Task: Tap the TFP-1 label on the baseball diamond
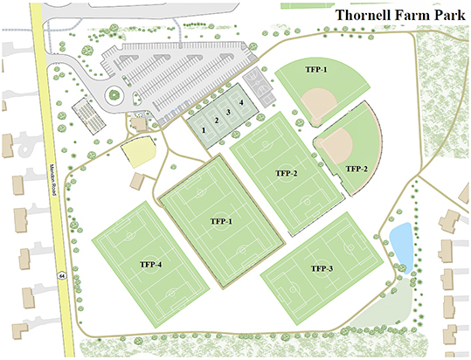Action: point(316,70)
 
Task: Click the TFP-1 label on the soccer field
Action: point(221,222)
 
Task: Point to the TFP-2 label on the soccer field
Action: point(285,173)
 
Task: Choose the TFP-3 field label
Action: point(321,267)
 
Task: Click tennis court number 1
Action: point(203,130)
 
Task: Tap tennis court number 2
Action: point(216,121)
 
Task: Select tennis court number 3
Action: point(228,113)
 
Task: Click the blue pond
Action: point(401,242)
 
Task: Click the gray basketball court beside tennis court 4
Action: point(258,87)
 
